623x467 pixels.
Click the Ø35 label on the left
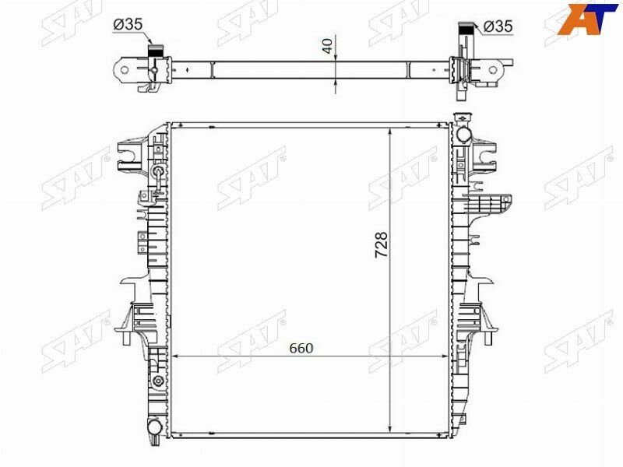[x=128, y=25]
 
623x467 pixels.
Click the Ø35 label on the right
[x=498, y=26]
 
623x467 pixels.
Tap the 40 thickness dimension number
[x=328, y=46]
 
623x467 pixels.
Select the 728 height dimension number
[x=381, y=244]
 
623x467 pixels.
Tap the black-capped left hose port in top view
[x=155, y=47]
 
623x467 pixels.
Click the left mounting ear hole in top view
[x=126, y=70]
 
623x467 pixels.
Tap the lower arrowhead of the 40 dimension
[x=336, y=79]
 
